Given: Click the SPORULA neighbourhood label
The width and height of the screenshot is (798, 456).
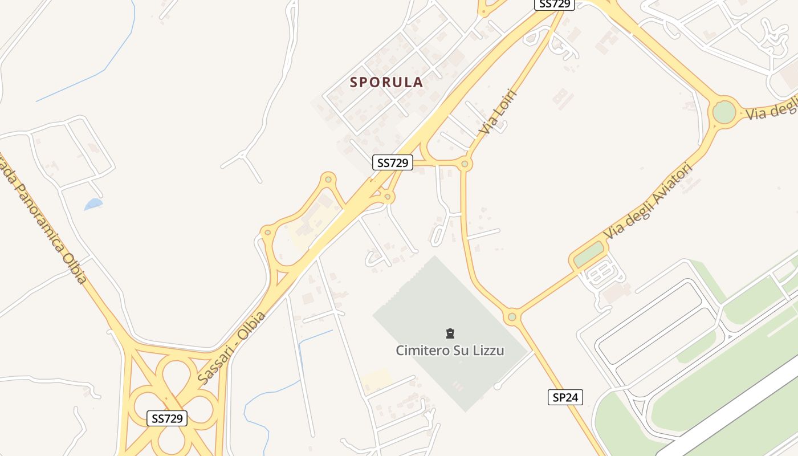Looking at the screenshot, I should click(x=386, y=82).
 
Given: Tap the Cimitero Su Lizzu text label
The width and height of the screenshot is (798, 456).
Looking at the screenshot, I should click(x=450, y=350).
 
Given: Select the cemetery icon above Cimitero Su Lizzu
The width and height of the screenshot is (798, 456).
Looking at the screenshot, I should click(x=450, y=333).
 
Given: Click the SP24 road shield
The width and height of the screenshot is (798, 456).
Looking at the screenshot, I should click(x=565, y=397).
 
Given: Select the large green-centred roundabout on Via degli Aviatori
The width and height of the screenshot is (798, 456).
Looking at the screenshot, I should click(x=724, y=111).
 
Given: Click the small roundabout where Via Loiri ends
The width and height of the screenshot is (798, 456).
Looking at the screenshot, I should click(x=465, y=164).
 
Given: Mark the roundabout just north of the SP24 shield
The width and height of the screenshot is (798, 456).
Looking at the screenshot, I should click(x=512, y=316).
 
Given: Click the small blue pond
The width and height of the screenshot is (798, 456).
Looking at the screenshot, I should click(x=93, y=203).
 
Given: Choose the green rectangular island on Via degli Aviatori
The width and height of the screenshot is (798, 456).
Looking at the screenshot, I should click(x=588, y=255).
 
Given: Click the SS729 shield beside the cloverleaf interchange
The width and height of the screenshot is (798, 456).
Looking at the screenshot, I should click(x=167, y=418).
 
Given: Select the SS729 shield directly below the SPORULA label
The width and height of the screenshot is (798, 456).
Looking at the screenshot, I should click(x=392, y=162).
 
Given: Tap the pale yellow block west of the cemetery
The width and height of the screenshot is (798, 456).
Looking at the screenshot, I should click(x=376, y=379).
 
